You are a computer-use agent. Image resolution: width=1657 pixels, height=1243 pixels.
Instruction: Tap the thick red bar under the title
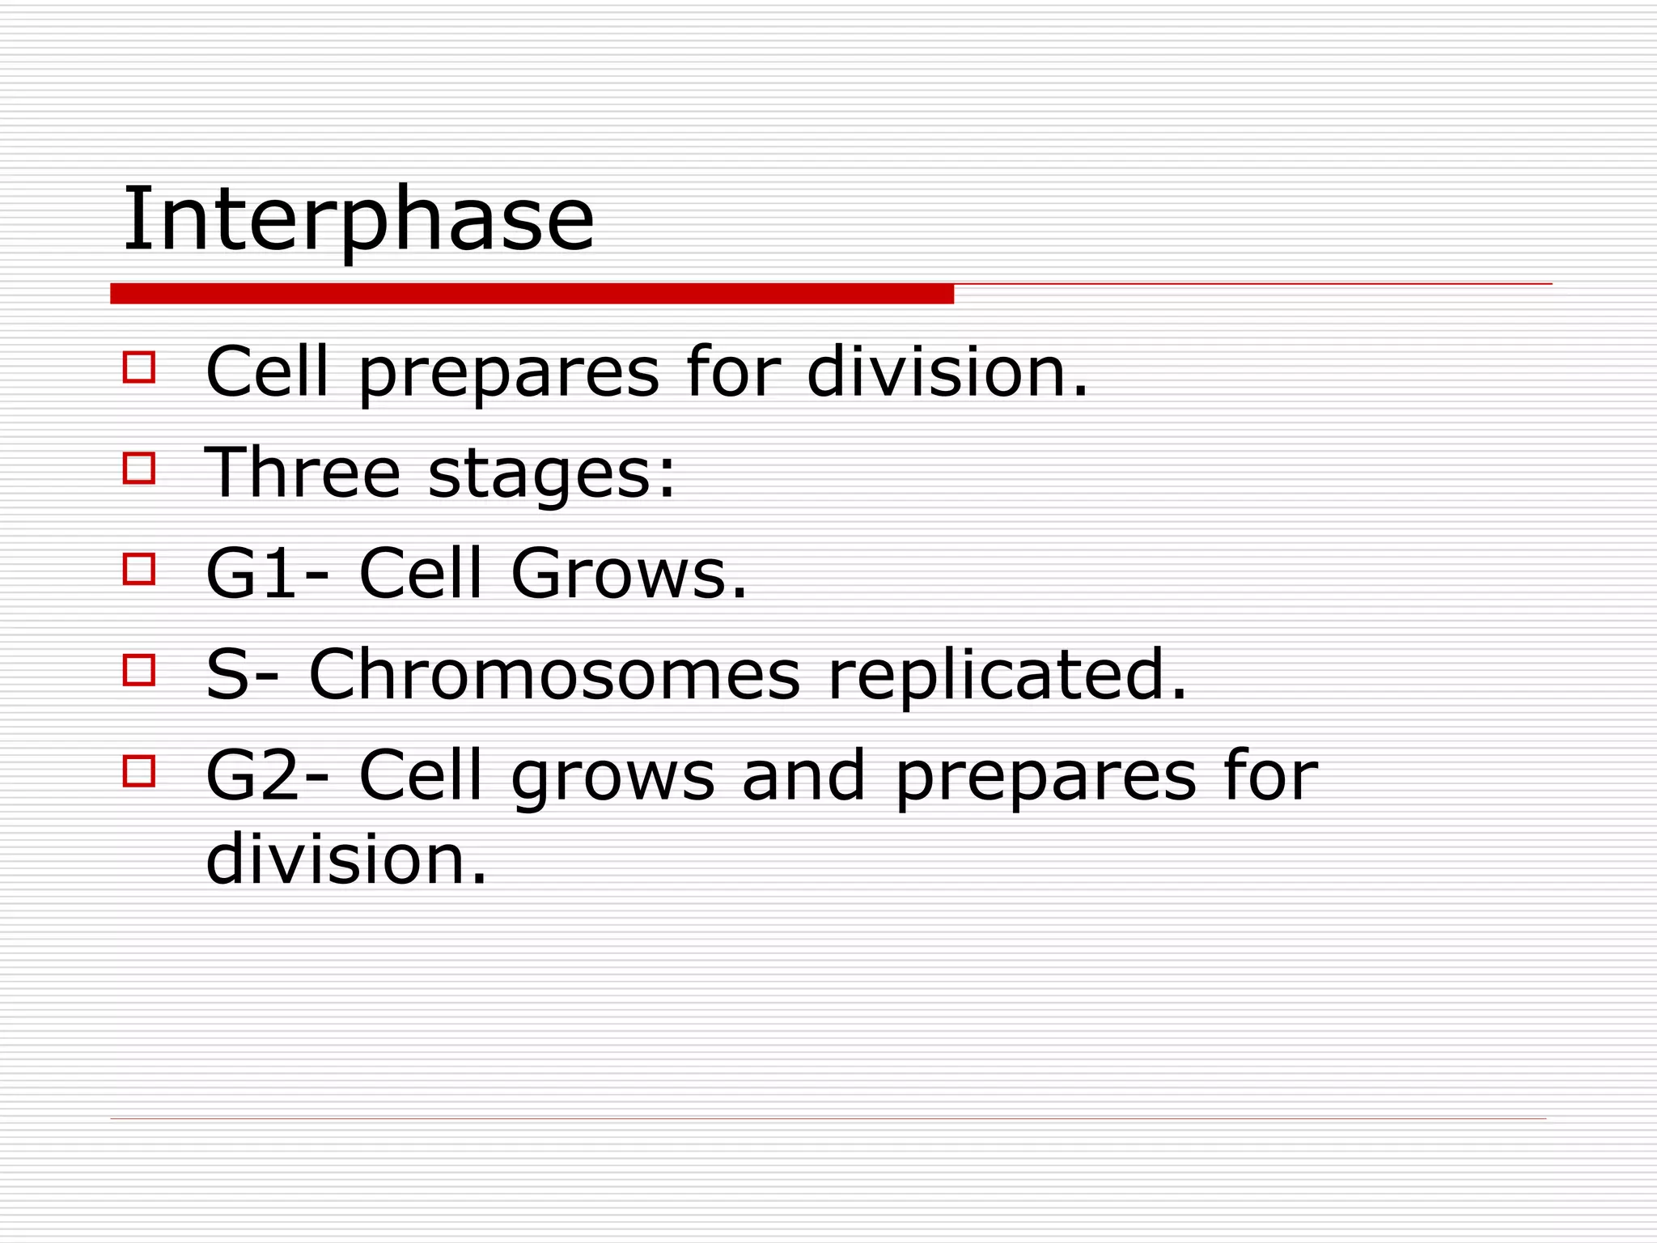532,294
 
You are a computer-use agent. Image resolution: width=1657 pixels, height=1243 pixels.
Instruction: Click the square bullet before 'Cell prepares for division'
139,367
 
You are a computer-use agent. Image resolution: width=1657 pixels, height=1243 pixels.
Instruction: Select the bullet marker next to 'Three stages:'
139,468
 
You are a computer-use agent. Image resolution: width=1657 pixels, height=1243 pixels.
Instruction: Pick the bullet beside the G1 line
139,569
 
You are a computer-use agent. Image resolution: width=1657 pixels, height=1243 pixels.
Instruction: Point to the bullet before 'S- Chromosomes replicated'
139,670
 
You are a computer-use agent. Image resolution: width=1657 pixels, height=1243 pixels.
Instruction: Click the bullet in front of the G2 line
139,771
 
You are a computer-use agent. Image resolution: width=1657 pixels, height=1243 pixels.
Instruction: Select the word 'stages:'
551,474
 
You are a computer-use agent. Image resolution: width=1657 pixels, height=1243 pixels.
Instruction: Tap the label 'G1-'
267,573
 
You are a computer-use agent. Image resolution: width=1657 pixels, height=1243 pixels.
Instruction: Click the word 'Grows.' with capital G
629,573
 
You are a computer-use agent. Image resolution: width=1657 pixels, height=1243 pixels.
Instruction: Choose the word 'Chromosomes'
554,674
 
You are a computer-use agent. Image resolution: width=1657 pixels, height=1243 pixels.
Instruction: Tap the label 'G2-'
267,775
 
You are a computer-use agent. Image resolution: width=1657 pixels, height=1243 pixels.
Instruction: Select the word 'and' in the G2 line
803,775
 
